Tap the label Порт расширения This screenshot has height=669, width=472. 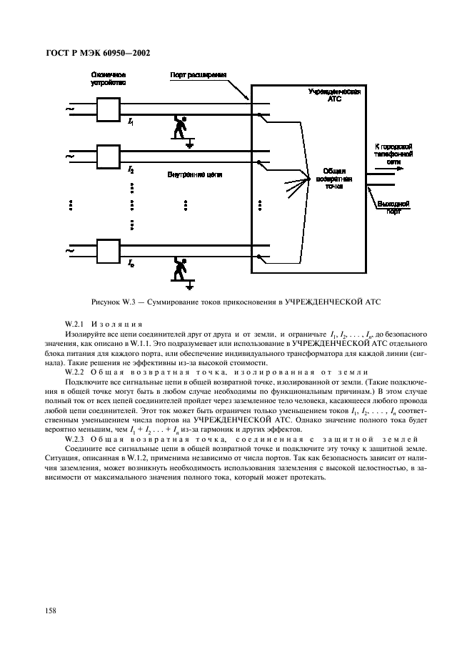(199, 74)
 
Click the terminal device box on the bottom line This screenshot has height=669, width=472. (109, 251)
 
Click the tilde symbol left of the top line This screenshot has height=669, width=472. (69, 109)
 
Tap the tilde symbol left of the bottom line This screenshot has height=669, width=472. (69, 251)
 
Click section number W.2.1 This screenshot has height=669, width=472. (76, 324)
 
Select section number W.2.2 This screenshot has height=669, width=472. (76, 372)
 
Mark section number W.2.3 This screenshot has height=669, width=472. (76, 437)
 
